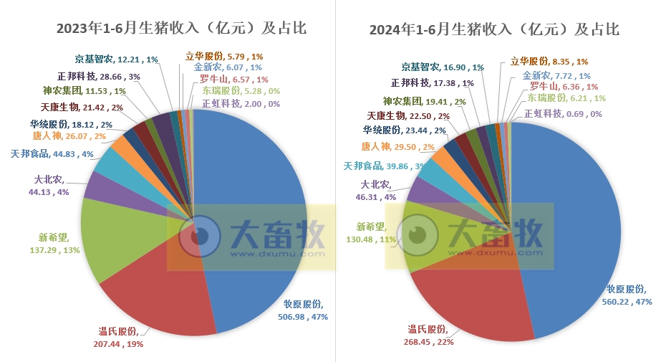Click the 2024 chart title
[494, 29]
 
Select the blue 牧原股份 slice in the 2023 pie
[258, 215]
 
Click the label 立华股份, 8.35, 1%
[549, 62]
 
